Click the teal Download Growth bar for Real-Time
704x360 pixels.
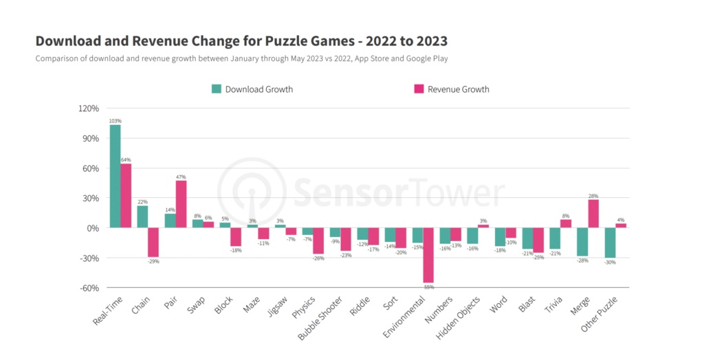pyautogui.click(x=115, y=176)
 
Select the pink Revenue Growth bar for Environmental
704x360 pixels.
pyautogui.click(x=428, y=255)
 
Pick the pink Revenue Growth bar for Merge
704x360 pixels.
pyautogui.click(x=593, y=214)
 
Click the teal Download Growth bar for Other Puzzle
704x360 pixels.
pyautogui.click(x=610, y=243)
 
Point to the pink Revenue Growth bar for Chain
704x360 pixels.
pyautogui.click(x=153, y=242)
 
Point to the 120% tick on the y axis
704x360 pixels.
pyautogui.click(x=89, y=109)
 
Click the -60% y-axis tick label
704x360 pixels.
pyautogui.click(x=89, y=288)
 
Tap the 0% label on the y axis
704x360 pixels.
pyautogui.click(x=93, y=228)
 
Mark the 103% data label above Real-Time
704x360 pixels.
pyautogui.click(x=115, y=121)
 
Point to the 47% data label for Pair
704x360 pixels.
pyautogui.click(x=181, y=177)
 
